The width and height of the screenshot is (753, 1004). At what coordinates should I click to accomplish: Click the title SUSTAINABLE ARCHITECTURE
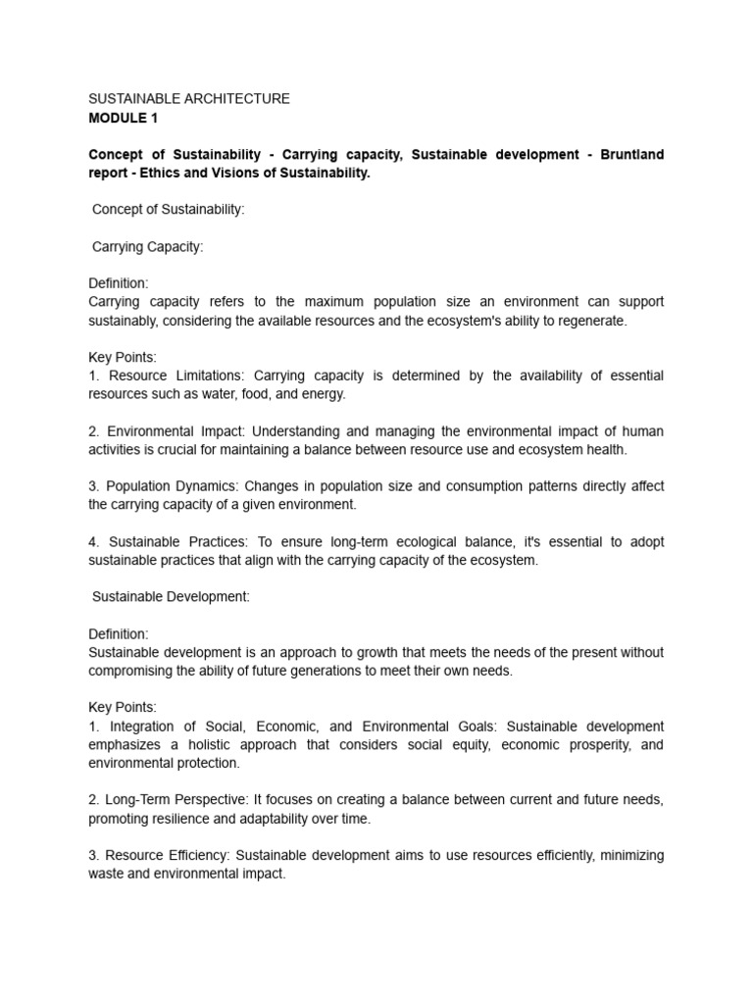189,99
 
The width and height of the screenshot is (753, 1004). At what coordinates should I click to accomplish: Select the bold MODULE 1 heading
123,118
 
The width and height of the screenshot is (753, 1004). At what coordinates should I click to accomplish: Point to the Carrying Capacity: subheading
148,247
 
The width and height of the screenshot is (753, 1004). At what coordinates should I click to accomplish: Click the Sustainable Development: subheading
172,597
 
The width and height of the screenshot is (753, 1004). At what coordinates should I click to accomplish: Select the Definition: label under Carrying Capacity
119,283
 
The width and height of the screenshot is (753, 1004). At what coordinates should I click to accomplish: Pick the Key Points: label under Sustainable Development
123,707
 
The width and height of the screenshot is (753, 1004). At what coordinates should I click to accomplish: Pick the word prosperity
581,744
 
